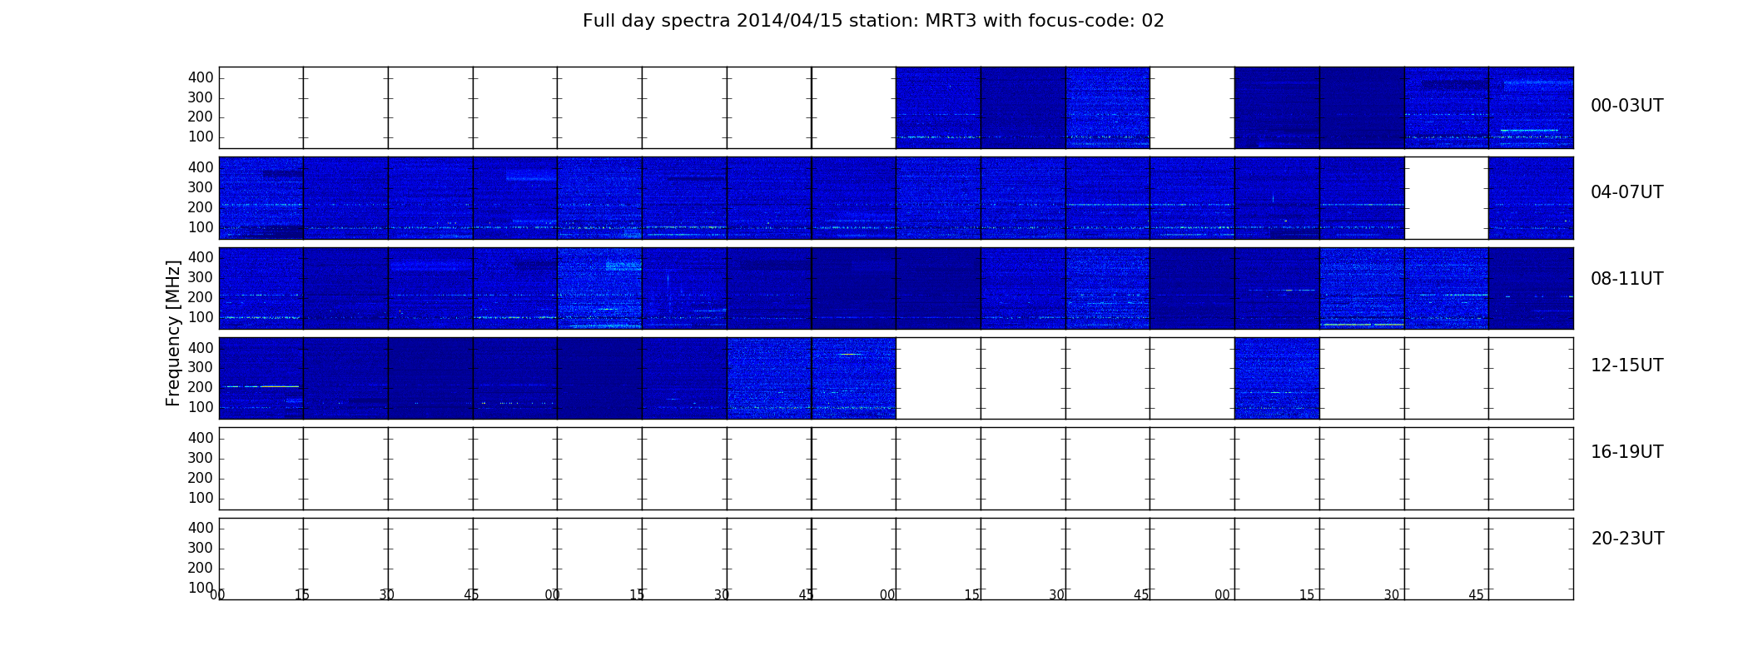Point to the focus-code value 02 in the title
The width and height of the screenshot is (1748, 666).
(1153, 21)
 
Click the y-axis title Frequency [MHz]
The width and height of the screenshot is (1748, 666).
(173, 333)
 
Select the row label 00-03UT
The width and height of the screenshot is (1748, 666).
(1627, 106)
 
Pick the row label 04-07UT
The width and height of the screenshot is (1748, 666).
(1627, 192)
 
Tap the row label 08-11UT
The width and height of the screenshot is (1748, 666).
(1627, 279)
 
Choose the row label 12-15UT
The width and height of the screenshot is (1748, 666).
(1627, 365)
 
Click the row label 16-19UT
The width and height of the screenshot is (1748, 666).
(1627, 452)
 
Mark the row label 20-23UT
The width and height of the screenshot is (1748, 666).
(1627, 539)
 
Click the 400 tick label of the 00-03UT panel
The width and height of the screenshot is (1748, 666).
(201, 77)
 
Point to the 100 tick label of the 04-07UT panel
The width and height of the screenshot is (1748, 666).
(201, 227)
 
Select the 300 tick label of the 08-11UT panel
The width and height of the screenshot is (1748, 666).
(201, 277)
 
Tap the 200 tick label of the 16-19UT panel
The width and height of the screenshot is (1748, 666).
(201, 478)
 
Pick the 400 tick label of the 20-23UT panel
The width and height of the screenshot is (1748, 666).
(201, 528)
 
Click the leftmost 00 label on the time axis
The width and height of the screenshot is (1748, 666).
(217, 594)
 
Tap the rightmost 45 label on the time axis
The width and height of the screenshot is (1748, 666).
(1476, 594)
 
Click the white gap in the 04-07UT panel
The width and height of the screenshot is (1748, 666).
(1447, 198)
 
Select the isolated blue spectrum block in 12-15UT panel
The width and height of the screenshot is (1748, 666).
(1277, 378)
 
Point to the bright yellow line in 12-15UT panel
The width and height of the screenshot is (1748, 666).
(260, 386)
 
